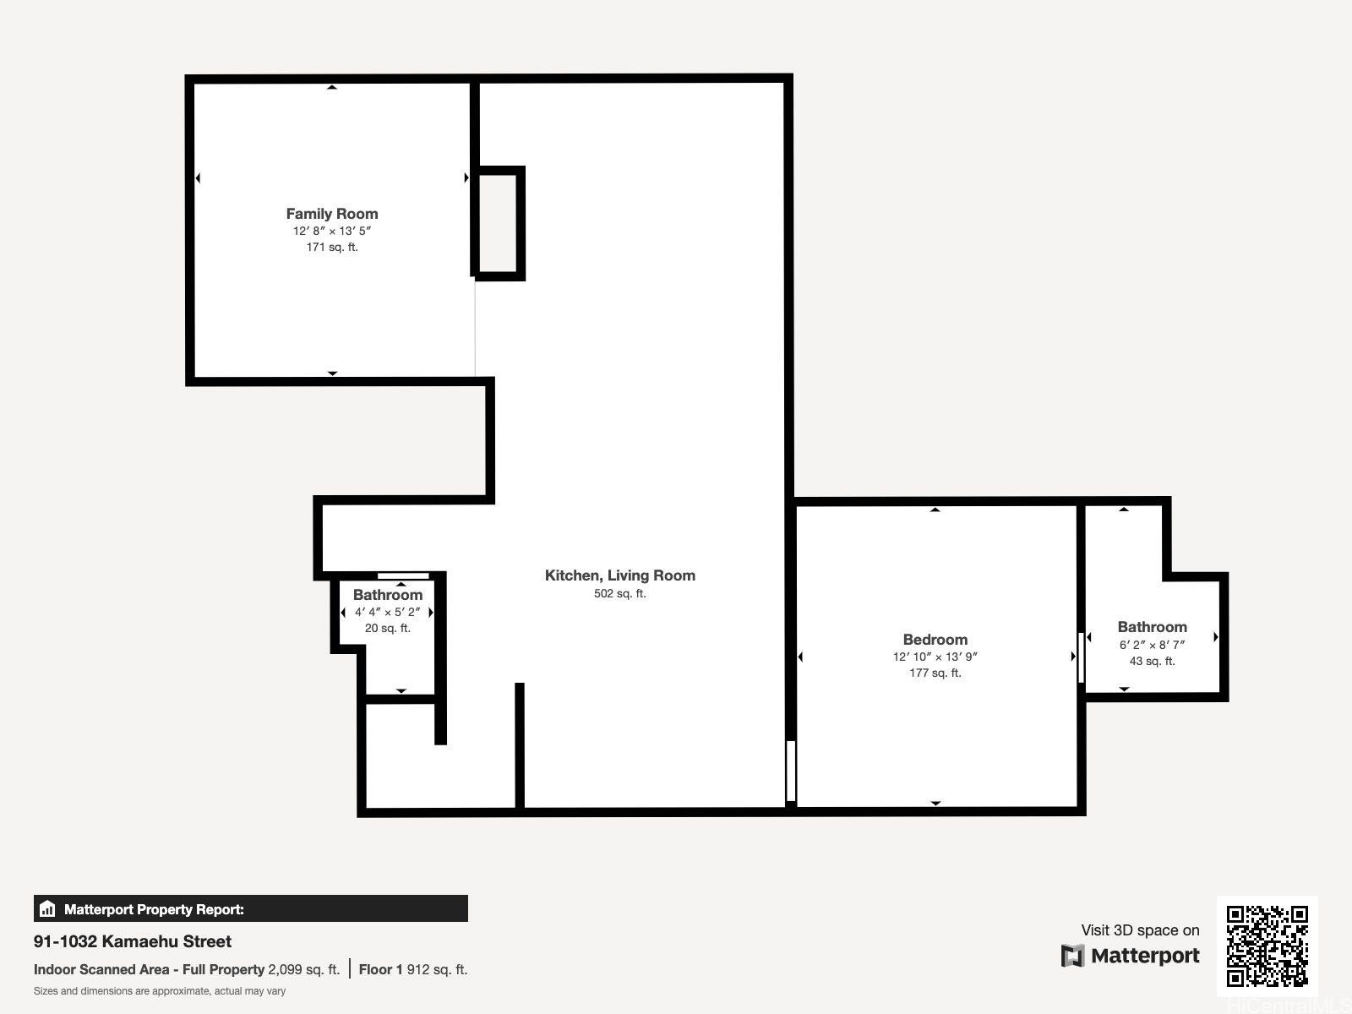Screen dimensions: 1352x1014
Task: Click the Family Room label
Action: pyautogui.click(x=332, y=214)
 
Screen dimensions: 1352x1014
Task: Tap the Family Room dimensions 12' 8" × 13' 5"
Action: pyautogui.click(x=332, y=231)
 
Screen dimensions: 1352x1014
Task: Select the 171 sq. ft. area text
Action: pyautogui.click(x=332, y=247)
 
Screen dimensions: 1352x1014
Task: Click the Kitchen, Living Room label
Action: pyautogui.click(x=619, y=575)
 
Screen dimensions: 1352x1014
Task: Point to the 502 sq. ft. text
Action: pyautogui.click(x=619, y=593)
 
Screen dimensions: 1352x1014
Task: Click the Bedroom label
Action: pyautogui.click(x=935, y=639)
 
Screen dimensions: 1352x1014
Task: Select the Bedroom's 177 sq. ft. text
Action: pyautogui.click(x=935, y=673)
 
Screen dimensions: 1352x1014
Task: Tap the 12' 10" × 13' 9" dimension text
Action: pyautogui.click(x=935, y=657)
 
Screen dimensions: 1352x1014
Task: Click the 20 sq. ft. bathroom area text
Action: pyautogui.click(x=387, y=628)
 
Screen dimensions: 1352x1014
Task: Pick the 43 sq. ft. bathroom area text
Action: pyautogui.click(x=1152, y=661)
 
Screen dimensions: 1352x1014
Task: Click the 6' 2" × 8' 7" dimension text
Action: pyautogui.click(x=1152, y=645)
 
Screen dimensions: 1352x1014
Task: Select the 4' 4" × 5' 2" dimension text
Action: pyautogui.click(x=387, y=612)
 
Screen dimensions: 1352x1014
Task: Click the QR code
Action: pyautogui.click(x=1267, y=946)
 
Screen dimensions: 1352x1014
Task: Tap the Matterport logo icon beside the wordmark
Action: pyautogui.click(x=1072, y=956)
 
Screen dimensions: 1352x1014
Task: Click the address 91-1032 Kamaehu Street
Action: pyautogui.click(x=133, y=941)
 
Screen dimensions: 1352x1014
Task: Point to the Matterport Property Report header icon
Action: pyautogui.click(x=47, y=908)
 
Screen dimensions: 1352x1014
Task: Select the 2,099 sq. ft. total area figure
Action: pyautogui.click(x=303, y=970)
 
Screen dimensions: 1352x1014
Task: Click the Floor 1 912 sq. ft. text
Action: pyautogui.click(x=412, y=970)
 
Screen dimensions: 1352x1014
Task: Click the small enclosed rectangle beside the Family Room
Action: pyautogui.click(x=498, y=223)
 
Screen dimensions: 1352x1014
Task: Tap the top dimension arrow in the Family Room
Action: pyautogui.click(x=332, y=87)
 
